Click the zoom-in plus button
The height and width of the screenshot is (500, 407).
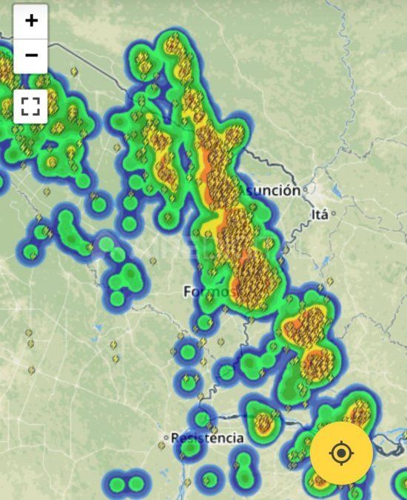point(30,21)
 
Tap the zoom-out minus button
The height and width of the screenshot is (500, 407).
point(30,56)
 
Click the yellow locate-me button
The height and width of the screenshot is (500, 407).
point(340,453)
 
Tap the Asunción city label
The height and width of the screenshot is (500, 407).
point(270,190)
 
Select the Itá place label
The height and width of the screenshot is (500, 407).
point(319,215)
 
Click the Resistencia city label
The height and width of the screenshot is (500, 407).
point(207,438)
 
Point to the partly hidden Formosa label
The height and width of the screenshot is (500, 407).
point(209,292)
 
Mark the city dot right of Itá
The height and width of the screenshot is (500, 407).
point(333,214)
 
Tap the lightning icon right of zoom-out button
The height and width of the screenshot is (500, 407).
point(74,73)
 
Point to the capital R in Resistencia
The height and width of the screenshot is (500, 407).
point(175,438)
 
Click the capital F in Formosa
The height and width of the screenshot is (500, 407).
point(188,292)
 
